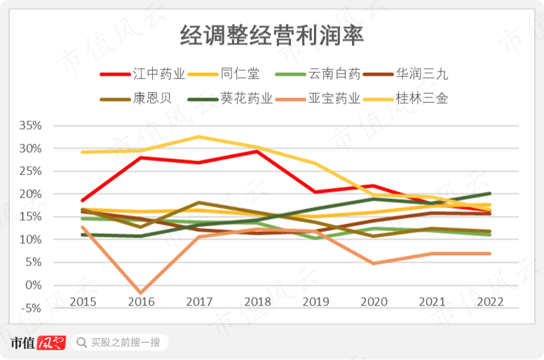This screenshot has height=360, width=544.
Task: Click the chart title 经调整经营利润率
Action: tap(272, 36)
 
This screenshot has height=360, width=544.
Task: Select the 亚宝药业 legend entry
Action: tap(334, 98)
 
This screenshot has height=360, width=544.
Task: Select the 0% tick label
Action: tap(33, 285)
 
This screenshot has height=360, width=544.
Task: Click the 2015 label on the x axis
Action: tap(83, 300)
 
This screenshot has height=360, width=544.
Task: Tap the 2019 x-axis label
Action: tap(315, 300)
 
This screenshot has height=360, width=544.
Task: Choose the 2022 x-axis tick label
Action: tap(489, 300)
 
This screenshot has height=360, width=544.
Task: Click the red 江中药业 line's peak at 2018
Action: tap(257, 151)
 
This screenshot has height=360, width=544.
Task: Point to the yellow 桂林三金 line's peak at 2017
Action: tap(198, 137)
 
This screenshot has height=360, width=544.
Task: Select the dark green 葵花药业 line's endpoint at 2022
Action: tap(489, 193)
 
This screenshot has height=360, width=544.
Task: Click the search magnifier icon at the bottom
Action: tap(81, 342)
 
